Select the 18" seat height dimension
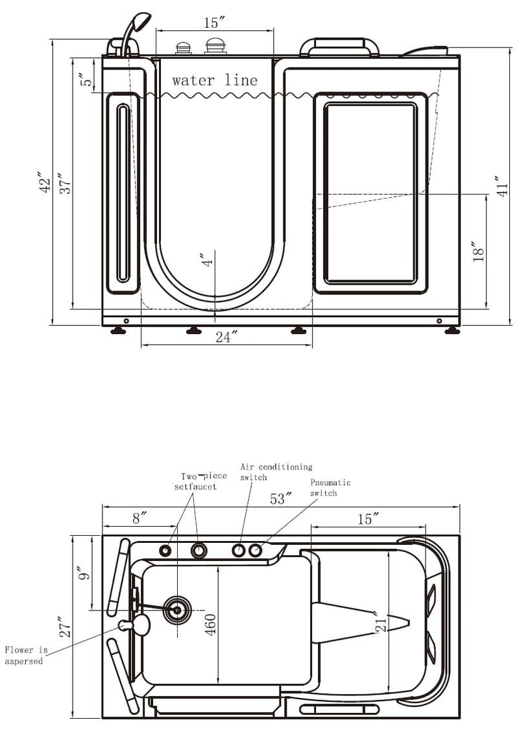(478, 251)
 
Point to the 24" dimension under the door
(226, 337)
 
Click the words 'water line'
(215, 80)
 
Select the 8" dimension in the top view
(139, 518)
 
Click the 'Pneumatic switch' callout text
(330, 488)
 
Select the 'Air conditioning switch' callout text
(276, 472)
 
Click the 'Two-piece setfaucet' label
(200, 481)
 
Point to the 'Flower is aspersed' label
(26, 655)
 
